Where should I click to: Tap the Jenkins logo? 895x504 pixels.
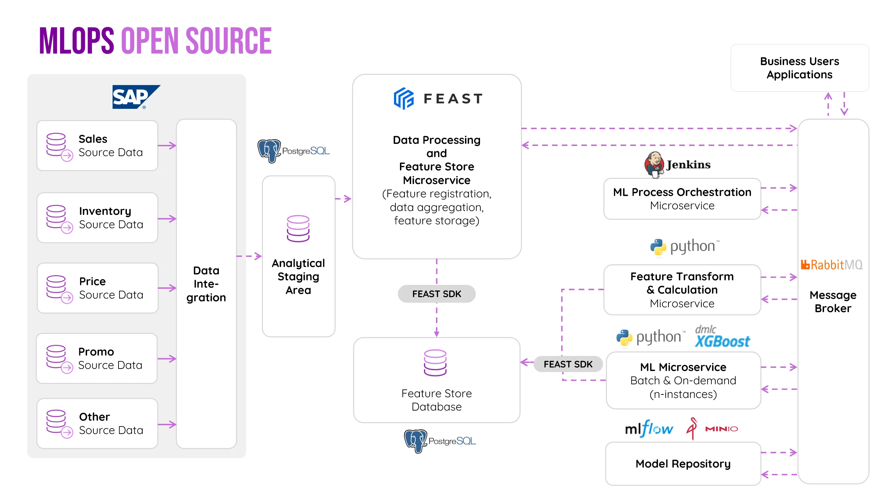click(677, 164)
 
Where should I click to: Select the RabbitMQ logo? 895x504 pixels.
click(831, 265)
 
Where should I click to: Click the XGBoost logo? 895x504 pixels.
click(722, 337)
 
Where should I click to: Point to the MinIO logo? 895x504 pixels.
click(712, 428)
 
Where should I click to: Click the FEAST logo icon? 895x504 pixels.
click(404, 98)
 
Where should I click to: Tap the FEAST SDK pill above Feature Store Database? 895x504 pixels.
click(436, 294)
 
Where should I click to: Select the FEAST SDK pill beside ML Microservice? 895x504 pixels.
click(568, 364)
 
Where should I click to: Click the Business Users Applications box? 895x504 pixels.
click(799, 68)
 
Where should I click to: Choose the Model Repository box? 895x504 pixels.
click(683, 464)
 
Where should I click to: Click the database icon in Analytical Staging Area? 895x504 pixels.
click(298, 229)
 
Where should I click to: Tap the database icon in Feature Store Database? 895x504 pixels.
click(435, 363)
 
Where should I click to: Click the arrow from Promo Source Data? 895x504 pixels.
click(167, 359)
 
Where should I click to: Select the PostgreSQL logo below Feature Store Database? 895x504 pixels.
click(439, 441)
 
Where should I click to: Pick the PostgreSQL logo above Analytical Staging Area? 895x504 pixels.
click(293, 151)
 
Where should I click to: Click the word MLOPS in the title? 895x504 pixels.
click(77, 41)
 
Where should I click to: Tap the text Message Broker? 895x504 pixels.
click(833, 302)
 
